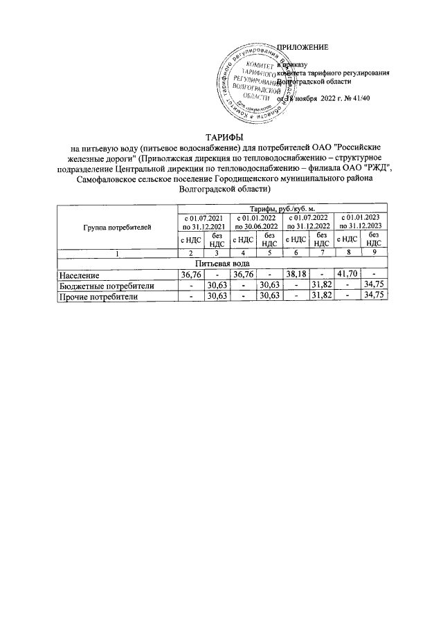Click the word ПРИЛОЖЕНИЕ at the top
click(x=302, y=48)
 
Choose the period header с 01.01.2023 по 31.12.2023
click(x=359, y=221)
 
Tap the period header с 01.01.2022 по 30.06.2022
click(x=257, y=221)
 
